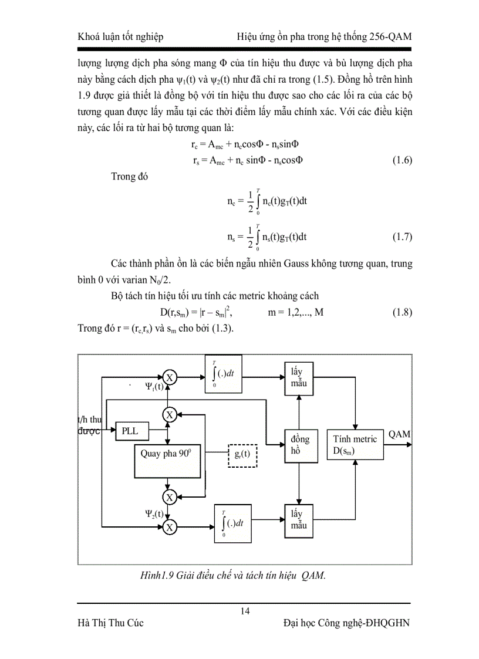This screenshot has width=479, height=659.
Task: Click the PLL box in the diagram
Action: click(130, 431)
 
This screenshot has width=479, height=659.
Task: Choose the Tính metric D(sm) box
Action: click(355, 444)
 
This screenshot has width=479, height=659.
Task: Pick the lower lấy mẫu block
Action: click(299, 519)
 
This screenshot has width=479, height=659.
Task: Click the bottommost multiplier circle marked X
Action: click(169, 528)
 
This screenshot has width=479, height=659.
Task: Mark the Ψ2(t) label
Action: click(154, 513)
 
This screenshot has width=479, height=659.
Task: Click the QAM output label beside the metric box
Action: click(399, 434)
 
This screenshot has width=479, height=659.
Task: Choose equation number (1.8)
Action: click(402, 313)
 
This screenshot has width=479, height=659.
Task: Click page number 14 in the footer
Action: click(245, 612)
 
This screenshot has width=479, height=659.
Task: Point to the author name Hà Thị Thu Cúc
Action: click(110, 623)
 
